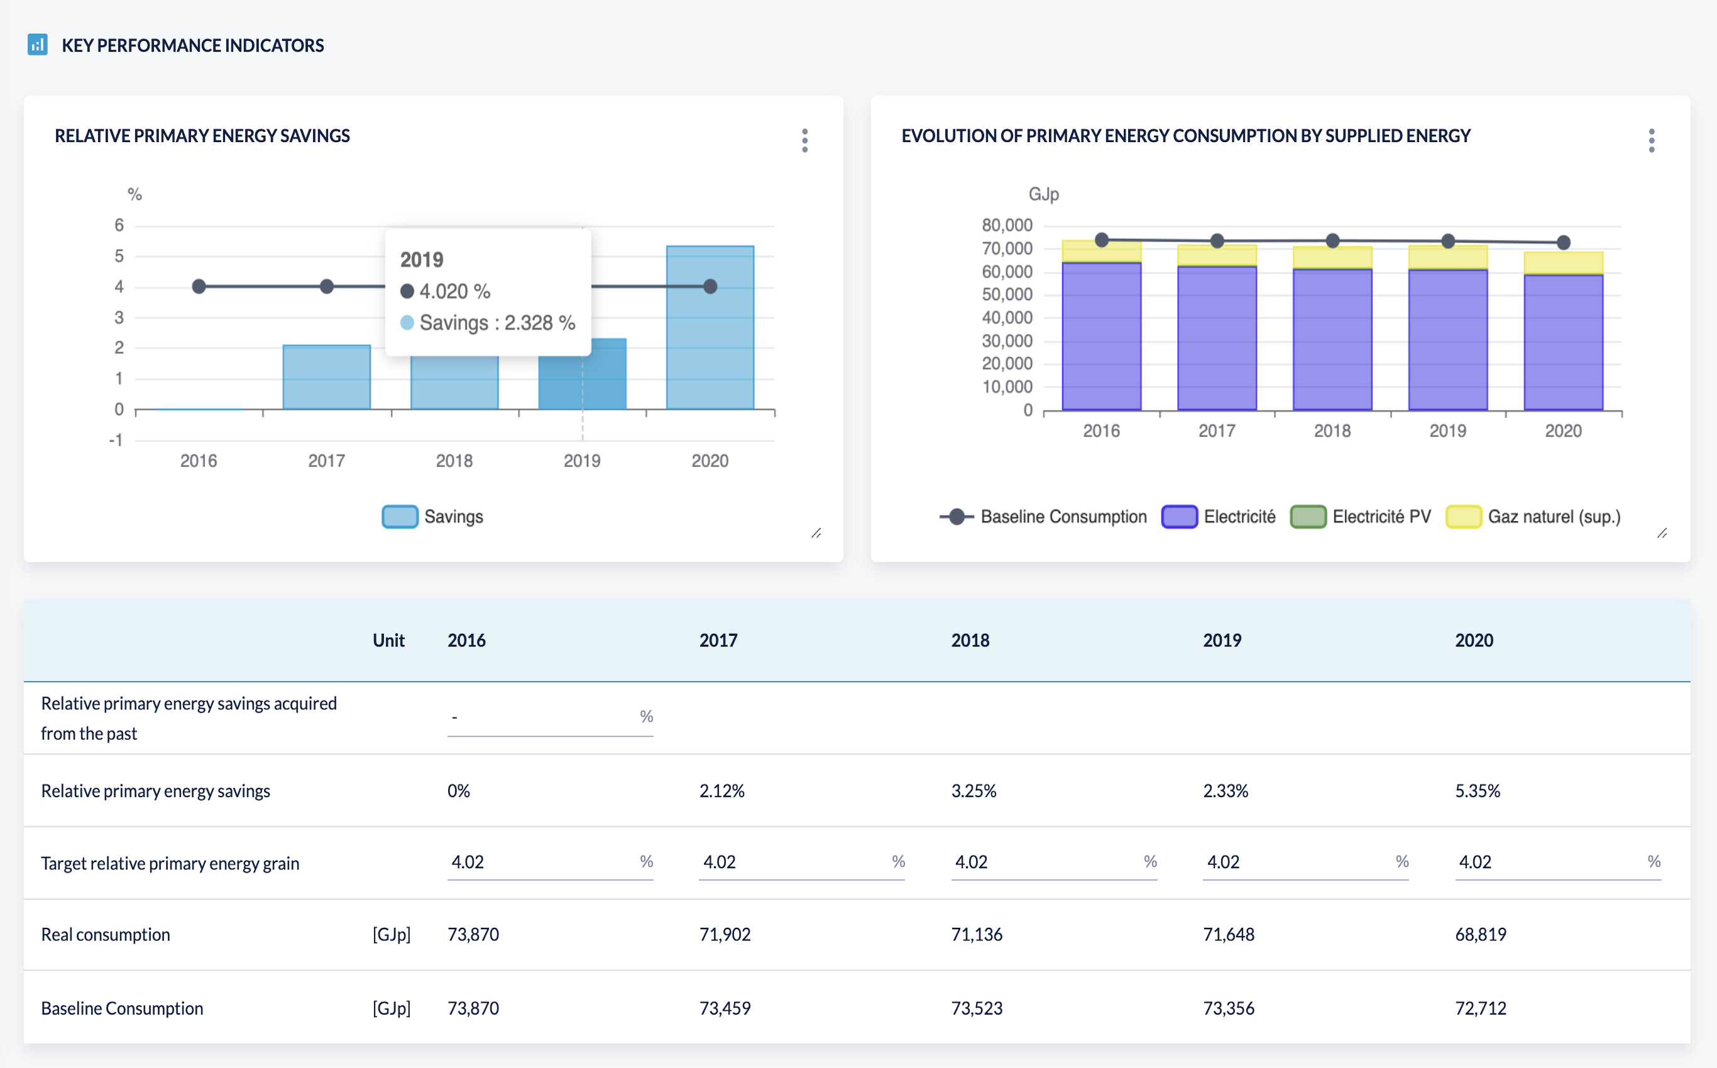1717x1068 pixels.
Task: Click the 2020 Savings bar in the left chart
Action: [710, 328]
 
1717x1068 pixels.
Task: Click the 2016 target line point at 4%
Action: [199, 286]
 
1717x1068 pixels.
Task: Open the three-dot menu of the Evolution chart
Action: [1651, 141]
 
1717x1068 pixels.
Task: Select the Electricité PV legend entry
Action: [1360, 516]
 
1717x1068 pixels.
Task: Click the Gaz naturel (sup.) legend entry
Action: [1533, 516]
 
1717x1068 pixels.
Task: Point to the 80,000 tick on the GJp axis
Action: [1007, 226]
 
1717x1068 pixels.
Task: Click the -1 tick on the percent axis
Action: [116, 440]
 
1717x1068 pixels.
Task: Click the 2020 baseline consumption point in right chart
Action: [1564, 242]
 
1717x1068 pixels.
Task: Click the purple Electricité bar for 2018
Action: [1332, 339]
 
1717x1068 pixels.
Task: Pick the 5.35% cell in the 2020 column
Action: [1478, 790]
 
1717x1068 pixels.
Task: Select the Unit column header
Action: [388, 640]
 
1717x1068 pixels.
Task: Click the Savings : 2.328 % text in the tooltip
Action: [496, 323]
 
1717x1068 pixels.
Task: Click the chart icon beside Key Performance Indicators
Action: [38, 45]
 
